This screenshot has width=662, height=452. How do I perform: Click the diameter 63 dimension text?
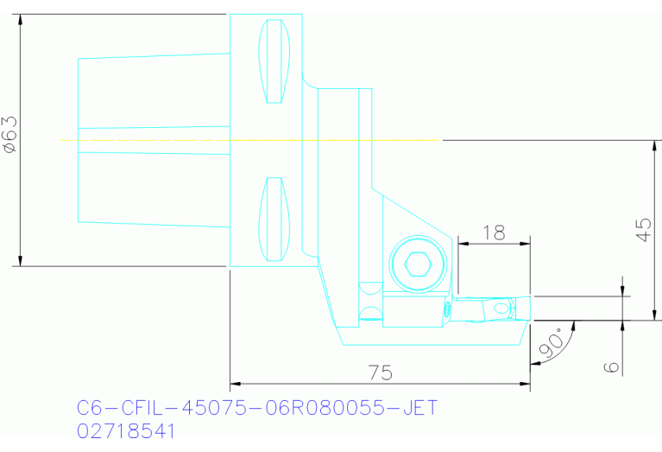(x=10, y=136)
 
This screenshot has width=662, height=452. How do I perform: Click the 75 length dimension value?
(x=380, y=372)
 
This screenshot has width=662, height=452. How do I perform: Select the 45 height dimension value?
(x=643, y=229)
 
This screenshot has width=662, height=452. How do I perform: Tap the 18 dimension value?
(x=494, y=232)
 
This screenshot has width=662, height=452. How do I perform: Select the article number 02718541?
(x=126, y=430)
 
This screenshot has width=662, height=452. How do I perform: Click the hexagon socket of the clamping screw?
(x=417, y=264)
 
